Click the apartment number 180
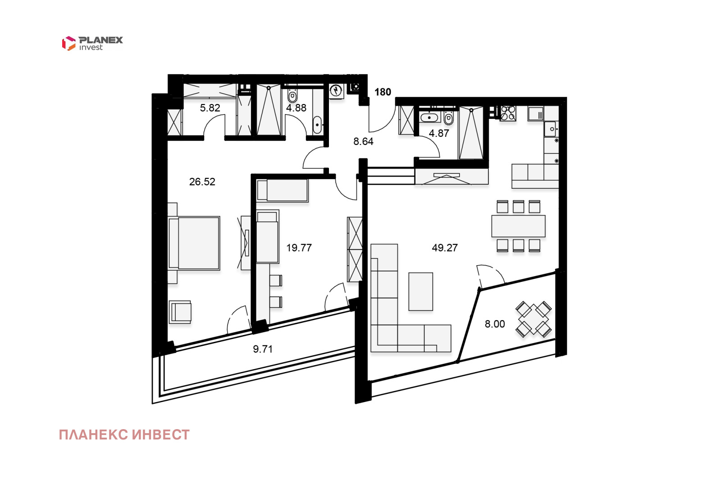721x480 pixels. pos(383,92)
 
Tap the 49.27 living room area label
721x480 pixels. pos(444,248)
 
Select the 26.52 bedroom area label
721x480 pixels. pos(202,182)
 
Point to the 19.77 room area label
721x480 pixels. pos(299,248)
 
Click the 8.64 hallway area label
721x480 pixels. pos(363,141)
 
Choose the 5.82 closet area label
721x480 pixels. pos(210,108)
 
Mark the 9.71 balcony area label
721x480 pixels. pos(263,349)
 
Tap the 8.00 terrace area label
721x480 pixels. pos(495,324)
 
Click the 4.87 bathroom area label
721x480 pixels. pos(439,133)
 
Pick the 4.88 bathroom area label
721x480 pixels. pos(296,108)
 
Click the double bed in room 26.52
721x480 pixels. pos(194,243)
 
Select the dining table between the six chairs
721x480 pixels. pos(518,226)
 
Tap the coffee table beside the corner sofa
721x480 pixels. pos(421,291)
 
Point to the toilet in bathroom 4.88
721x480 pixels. pos(292,95)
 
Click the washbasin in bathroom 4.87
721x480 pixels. pos(429,118)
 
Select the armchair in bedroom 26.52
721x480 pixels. pos(180,312)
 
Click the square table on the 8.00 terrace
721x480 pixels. pos(534,319)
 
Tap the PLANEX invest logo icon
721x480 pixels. pos(68,43)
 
